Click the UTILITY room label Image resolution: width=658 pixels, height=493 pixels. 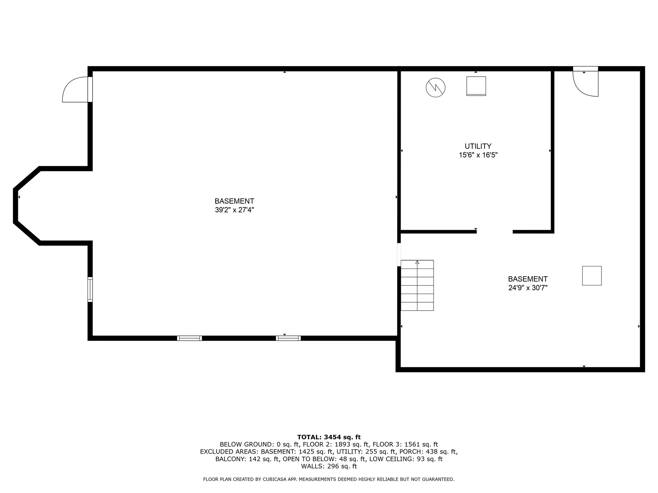(478, 146)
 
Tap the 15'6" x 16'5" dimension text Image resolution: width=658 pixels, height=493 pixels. (478, 155)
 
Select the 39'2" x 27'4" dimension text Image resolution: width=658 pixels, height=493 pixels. (234, 210)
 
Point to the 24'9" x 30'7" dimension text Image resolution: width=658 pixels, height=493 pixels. (527, 288)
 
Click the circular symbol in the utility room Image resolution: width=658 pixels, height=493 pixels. (435, 88)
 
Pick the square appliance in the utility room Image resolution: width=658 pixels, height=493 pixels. (476, 86)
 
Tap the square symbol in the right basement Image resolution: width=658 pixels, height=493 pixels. (592, 276)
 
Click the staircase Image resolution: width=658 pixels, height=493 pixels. (417, 285)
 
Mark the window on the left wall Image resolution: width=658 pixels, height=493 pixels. (90, 289)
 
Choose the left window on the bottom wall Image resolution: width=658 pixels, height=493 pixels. (190, 338)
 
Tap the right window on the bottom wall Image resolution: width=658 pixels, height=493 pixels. (288, 338)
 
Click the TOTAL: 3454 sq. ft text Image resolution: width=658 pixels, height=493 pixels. (329, 437)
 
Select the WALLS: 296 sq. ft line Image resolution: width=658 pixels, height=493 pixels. (329, 466)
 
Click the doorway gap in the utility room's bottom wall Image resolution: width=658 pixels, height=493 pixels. (495, 232)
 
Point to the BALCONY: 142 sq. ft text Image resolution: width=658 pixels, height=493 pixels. (246, 459)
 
